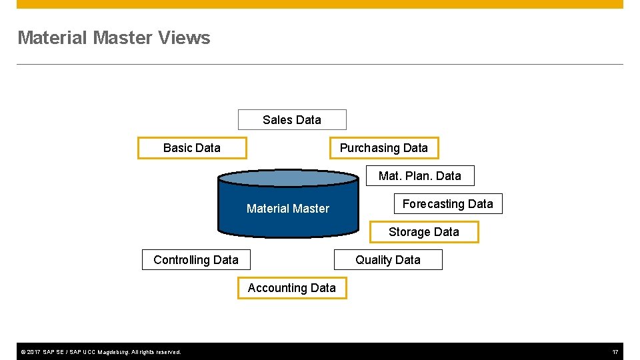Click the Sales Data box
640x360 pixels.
click(x=292, y=120)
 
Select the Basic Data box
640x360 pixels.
click(x=192, y=148)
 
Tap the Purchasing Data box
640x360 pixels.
click(x=384, y=148)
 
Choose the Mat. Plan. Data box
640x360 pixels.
click(x=420, y=176)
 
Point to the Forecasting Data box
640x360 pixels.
click(x=448, y=204)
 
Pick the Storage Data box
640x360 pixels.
click(x=424, y=232)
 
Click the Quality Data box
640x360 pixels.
click(x=388, y=260)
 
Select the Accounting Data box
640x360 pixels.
click(x=292, y=288)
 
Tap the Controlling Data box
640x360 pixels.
click(x=196, y=260)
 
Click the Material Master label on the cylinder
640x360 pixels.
click(x=288, y=209)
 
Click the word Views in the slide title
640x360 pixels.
click(x=185, y=38)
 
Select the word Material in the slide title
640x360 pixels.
click(x=53, y=38)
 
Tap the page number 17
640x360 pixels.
click(x=615, y=351)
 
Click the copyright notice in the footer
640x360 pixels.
click(x=101, y=351)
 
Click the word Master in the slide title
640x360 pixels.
click(x=123, y=38)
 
